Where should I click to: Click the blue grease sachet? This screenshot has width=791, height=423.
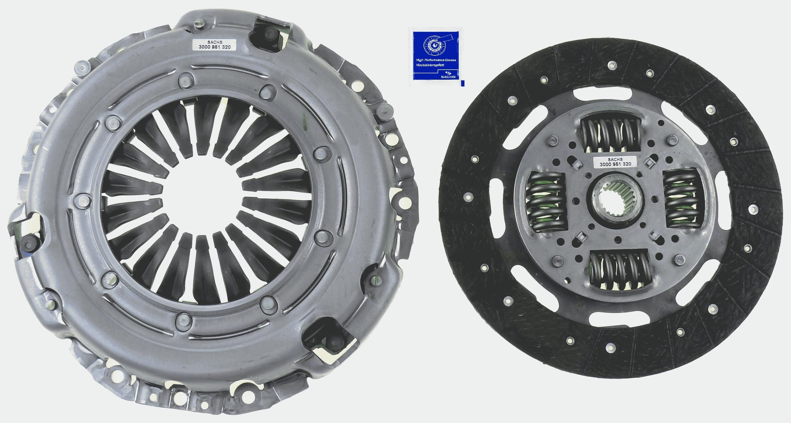pyautogui.click(x=438, y=57)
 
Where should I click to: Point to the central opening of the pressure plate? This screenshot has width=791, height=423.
pyautogui.click(x=202, y=187)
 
